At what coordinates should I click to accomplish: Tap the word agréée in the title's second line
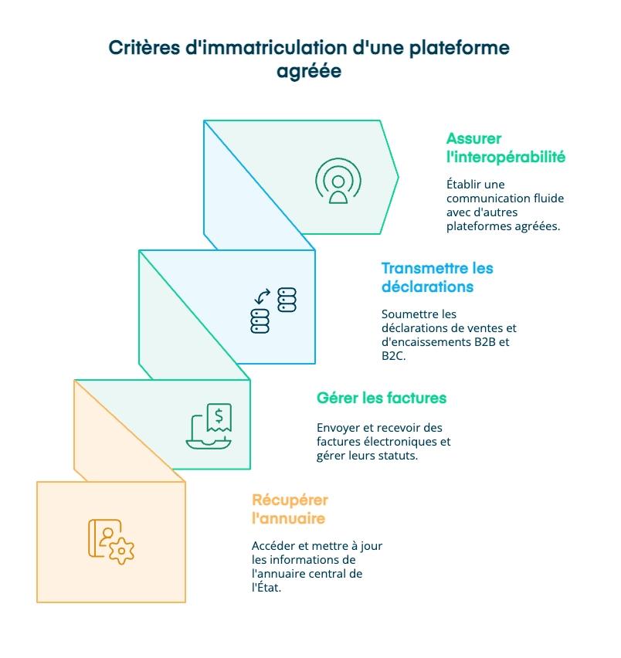pos(309,72)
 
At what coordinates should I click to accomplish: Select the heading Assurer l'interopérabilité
pos(505,148)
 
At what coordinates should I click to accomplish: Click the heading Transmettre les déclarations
pos(436,277)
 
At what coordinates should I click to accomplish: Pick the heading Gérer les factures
pos(382,399)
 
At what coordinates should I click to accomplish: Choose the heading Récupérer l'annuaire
pos(289,508)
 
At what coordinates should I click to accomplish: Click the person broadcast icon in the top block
pos(338,181)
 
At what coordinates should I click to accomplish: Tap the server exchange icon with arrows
pos(273,310)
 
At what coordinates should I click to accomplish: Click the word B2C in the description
pos(393,357)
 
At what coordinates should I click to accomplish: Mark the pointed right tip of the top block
pos(397,178)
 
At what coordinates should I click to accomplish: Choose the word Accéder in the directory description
pos(275,546)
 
